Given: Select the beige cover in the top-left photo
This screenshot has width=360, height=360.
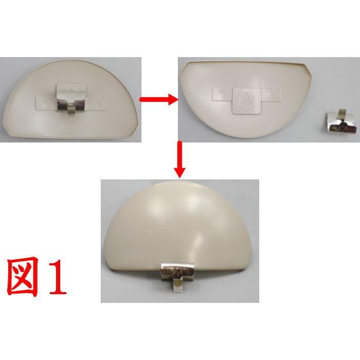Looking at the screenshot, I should [x=72, y=118].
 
